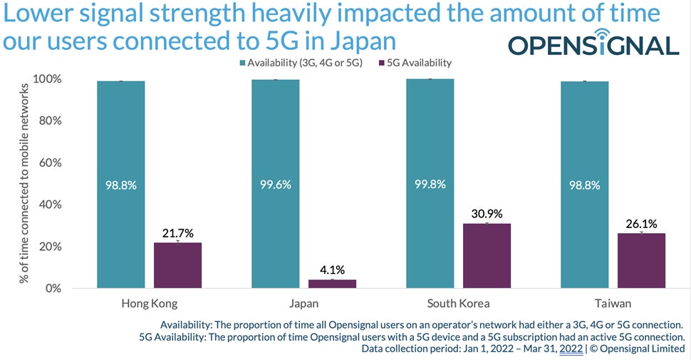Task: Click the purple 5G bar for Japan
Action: [332, 284]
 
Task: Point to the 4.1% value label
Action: [332, 269]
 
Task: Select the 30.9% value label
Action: [487, 212]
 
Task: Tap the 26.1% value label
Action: [641, 222]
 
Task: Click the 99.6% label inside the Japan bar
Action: [275, 185]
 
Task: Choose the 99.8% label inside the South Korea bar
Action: [430, 185]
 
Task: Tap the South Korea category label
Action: [458, 304]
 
